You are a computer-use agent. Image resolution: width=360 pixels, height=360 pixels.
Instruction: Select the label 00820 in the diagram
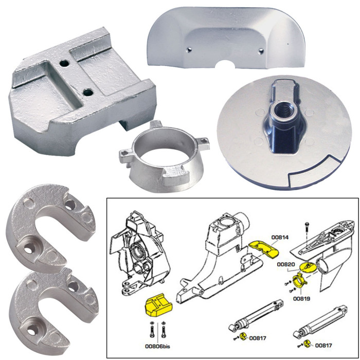[x=286, y=264]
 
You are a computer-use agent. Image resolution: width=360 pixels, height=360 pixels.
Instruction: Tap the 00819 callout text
[x=301, y=298]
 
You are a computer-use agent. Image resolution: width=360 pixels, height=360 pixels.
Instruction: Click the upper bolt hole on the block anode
[x=64, y=64]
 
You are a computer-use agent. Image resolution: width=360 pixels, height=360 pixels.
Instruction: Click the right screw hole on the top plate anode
[x=262, y=50]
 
